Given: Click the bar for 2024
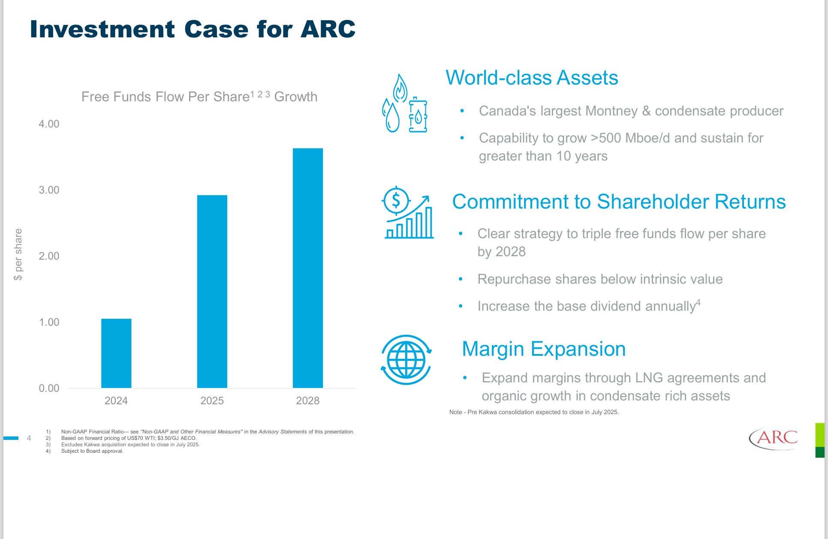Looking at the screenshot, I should [x=116, y=353].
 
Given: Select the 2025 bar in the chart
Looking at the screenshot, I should [x=212, y=291].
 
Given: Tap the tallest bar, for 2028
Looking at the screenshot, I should [x=308, y=268].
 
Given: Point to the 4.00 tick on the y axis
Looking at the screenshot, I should [x=49, y=124].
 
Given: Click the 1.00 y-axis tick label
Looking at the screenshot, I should [x=49, y=322].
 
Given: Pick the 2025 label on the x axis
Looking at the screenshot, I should [x=212, y=401].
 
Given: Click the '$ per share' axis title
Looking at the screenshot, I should [x=18, y=254].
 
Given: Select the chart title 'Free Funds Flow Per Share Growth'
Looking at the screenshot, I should [x=199, y=97].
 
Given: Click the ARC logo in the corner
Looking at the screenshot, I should [x=773, y=438].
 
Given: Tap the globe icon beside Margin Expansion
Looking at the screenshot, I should [x=406, y=360].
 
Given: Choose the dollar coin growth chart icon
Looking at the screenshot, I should [x=408, y=213].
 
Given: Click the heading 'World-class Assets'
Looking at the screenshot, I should [x=532, y=78].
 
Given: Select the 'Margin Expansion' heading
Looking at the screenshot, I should [x=544, y=349].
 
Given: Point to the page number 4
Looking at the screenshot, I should [x=29, y=438].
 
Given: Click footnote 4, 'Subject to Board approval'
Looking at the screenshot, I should [x=92, y=451].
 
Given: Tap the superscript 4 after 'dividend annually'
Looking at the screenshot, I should [x=698, y=303].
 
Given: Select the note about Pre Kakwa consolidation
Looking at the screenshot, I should [x=534, y=412].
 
